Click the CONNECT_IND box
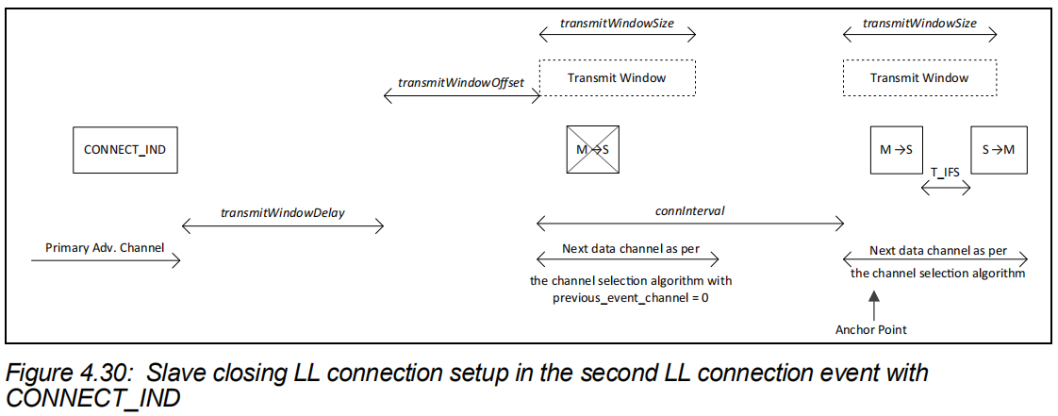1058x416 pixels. click(125, 149)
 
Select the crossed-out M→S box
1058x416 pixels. click(593, 149)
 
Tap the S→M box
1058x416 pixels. click(1000, 149)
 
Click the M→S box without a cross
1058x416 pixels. click(896, 149)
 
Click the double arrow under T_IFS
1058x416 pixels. click(947, 187)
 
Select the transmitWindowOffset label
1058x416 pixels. click(460, 82)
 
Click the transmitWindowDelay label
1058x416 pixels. click(282, 212)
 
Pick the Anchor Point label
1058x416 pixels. click(871, 329)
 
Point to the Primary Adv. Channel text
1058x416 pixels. click(105, 248)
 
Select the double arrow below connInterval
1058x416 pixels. click(689, 224)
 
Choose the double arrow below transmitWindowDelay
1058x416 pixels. click(282, 225)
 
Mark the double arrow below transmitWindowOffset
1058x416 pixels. click(460, 95)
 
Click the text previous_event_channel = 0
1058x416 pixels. click(630, 297)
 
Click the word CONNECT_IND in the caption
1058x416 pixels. click(93, 397)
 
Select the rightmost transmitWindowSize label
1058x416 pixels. click(919, 23)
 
